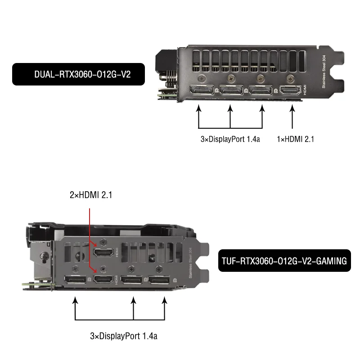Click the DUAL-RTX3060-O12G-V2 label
(x=78, y=74)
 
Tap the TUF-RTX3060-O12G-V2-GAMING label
(x=284, y=261)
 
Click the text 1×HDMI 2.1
(x=295, y=139)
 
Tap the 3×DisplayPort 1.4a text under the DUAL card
(x=230, y=139)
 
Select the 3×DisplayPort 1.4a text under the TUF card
(x=124, y=336)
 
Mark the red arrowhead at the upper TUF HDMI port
(x=96, y=244)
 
